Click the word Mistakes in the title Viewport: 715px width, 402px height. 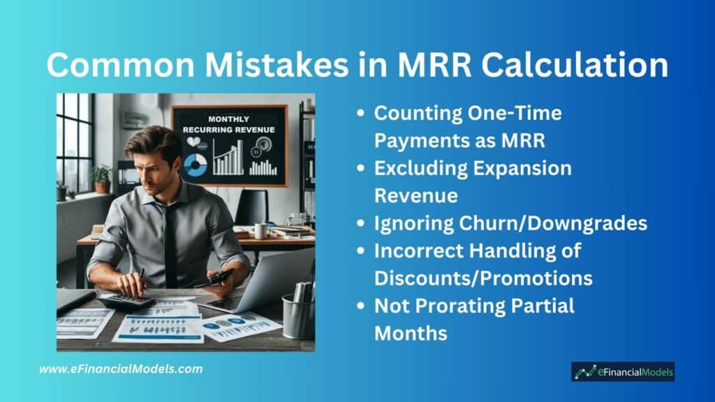click(x=277, y=64)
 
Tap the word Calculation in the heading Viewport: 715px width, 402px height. click(x=575, y=64)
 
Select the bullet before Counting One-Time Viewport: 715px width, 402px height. click(x=361, y=112)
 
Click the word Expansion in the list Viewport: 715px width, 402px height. click(x=522, y=169)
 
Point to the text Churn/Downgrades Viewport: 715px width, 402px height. click(x=553, y=223)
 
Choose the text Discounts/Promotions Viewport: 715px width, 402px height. click(x=483, y=278)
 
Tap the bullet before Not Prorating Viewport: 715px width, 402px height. click(x=361, y=306)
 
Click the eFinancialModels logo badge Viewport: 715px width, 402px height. click(x=623, y=372)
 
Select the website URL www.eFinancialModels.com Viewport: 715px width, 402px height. click(x=121, y=368)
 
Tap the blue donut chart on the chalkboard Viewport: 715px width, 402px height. click(x=196, y=165)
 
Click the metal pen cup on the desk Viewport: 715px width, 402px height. click(x=299, y=315)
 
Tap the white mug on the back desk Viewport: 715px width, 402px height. click(x=260, y=231)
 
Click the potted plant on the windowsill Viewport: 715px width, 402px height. click(x=101, y=179)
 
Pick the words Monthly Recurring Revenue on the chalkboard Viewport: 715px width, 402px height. click(x=229, y=124)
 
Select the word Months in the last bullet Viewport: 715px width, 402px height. click(x=411, y=334)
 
